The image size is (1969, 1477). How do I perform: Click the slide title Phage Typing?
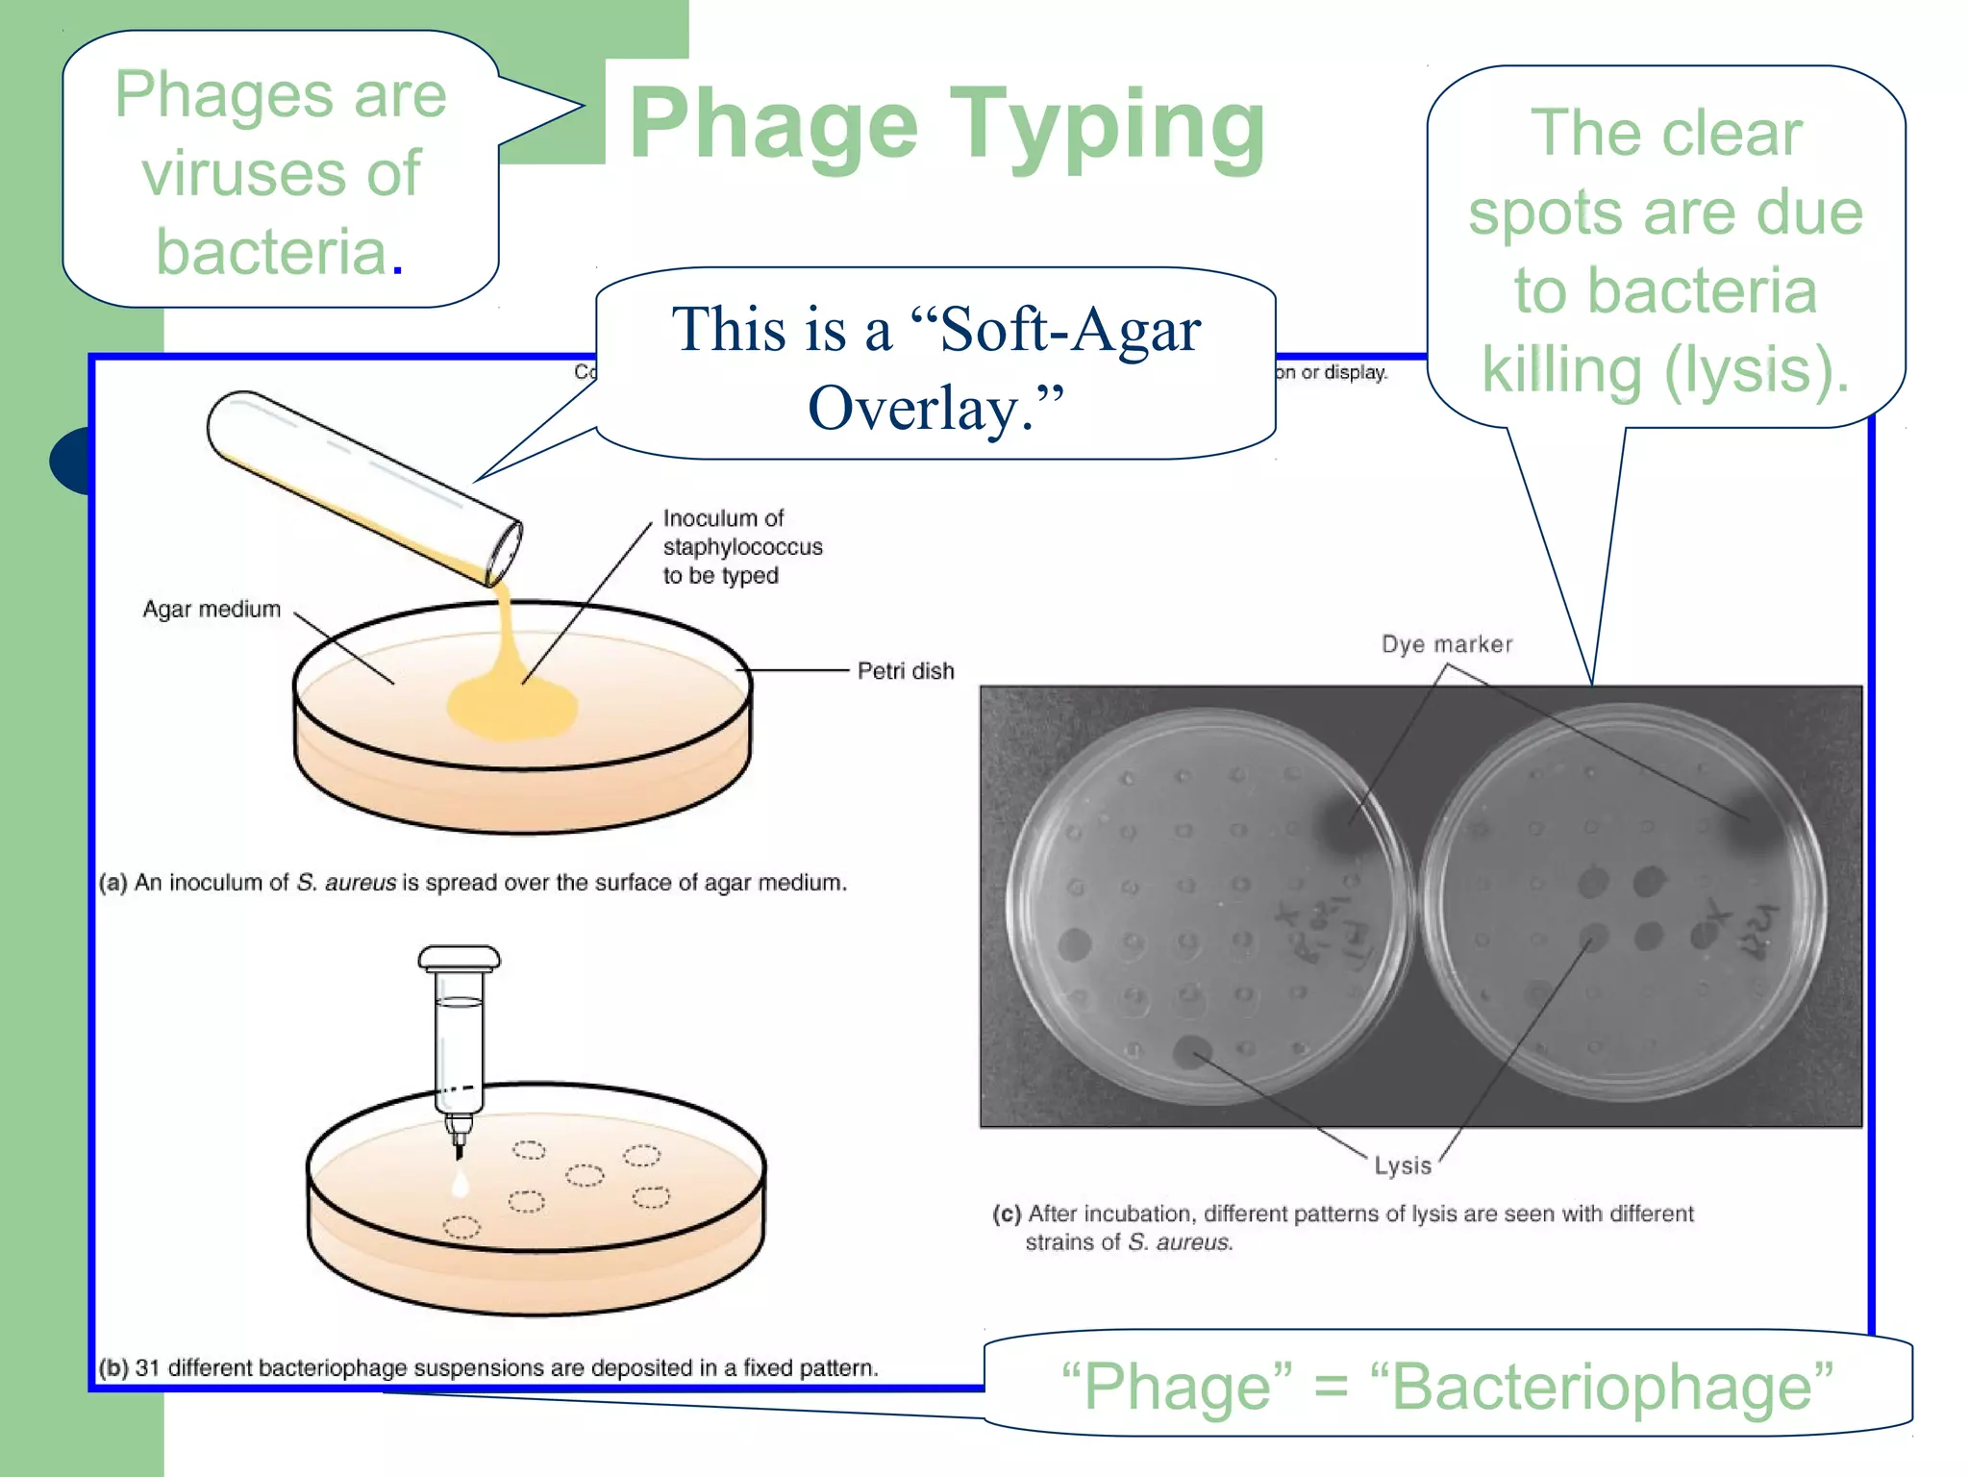point(947,125)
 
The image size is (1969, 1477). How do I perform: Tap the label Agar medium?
point(212,610)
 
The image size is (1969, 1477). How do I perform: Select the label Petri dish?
point(905,671)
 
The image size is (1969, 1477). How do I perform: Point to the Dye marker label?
point(1446,644)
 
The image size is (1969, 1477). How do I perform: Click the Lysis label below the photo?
point(1402,1165)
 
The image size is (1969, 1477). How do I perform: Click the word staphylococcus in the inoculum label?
point(742,547)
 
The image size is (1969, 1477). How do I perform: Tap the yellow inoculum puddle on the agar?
point(511,707)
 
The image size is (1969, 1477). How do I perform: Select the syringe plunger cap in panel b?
point(459,958)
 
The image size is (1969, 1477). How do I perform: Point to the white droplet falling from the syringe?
point(461,1185)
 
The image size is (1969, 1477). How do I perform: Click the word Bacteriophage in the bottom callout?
point(1602,1388)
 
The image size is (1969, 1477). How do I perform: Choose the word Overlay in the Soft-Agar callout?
point(913,409)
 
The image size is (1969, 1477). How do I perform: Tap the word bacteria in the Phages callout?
point(271,252)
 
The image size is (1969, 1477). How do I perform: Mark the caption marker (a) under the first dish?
point(112,883)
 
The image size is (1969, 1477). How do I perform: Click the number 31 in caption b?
point(147,1368)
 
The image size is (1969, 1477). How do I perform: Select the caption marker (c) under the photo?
point(1007,1214)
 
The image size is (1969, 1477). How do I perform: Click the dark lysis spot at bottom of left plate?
point(1193,1051)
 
